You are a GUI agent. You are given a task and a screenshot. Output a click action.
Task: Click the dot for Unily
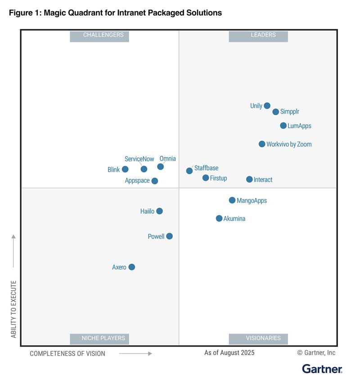(x=267, y=106)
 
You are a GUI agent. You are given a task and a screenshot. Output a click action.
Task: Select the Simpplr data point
(x=276, y=112)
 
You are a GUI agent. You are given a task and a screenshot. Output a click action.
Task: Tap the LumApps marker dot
(x=283, y=126)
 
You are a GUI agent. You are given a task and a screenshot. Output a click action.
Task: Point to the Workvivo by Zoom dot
(x=262, y=144)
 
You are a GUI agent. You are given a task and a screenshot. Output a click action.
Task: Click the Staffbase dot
(x=189, y=171)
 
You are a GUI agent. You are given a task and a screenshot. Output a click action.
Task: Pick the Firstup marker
(x=206, y=178)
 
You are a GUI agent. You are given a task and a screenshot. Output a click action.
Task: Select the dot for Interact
(x=249, y=180)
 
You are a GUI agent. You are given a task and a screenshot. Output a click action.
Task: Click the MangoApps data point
(x=232, y=200)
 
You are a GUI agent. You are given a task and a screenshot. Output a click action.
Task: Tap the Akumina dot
(x=219, y=218)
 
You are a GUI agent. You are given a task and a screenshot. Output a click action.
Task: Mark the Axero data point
(x=131, y=267)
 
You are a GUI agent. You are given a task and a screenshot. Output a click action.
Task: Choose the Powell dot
(x=169, y=236)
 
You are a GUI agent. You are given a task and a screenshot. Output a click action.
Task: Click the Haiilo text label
(x=147, y=211)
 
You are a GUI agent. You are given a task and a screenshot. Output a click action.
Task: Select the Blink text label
(x=113, y=170)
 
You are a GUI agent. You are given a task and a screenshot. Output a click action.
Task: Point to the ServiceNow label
(x=139, y=159)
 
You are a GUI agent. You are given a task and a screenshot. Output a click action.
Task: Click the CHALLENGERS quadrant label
(x=99, y=35)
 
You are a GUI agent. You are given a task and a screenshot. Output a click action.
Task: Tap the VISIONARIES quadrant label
(x=258, y=338)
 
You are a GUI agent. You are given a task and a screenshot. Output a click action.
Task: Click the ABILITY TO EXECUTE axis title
(x=13, y=309)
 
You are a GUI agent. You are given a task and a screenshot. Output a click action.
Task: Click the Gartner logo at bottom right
(x=322, y=369)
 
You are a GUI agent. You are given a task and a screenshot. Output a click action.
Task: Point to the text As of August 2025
(x=229, y=353)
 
